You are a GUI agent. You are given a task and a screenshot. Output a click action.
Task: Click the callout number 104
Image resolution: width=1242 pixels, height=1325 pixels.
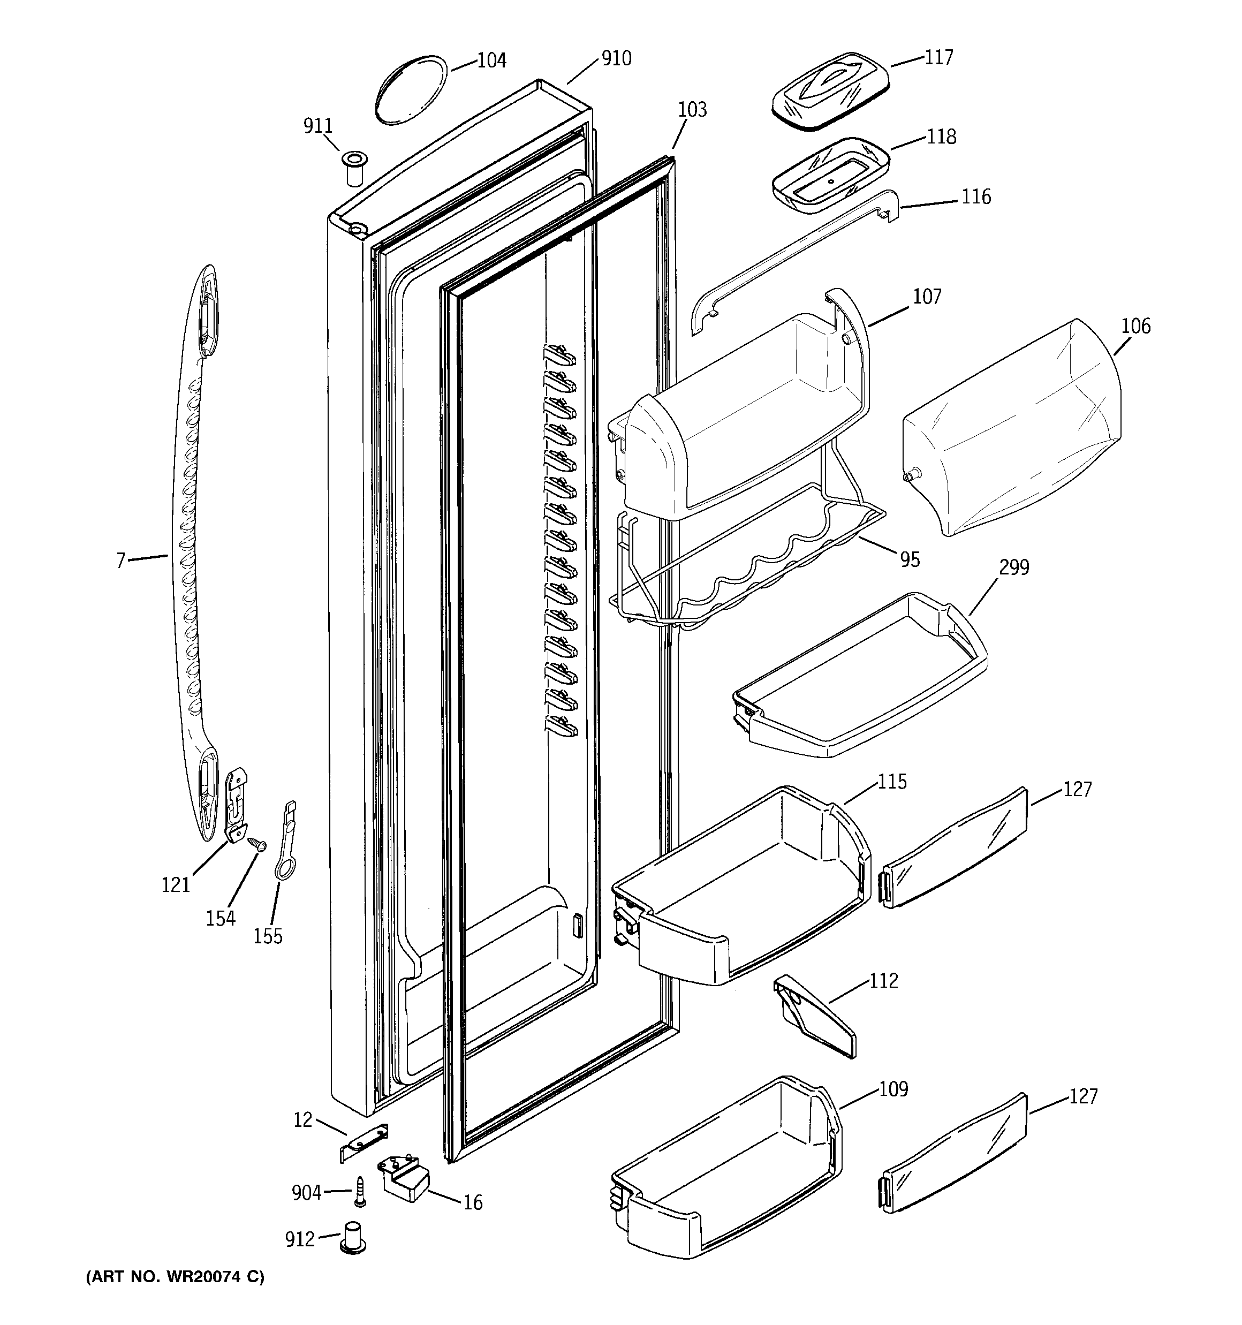(x=491, y=60)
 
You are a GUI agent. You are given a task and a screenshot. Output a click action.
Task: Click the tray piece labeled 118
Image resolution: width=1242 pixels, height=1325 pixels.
(x=830, y=175)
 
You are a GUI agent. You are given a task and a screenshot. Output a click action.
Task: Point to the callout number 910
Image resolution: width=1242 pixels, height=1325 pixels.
(x=616, y=59)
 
